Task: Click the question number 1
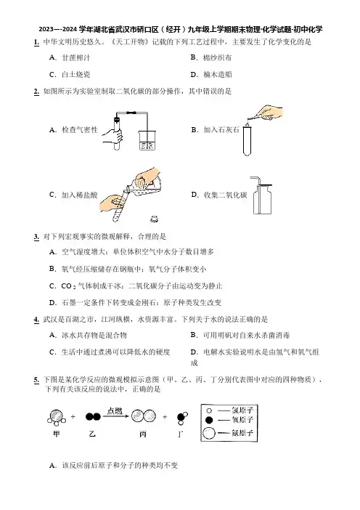pyautogui.click(x=36, y=42)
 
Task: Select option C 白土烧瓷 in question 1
pyautogui.click(x=70, y=75)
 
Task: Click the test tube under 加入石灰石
pyautogui.click(x=247, y=141)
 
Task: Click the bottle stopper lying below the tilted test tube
pyautogui.click(x=155, y=219)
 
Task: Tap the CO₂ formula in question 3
pyautogui.click(x=68, y=286)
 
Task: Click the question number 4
pyautogui.click(x=36, y=320)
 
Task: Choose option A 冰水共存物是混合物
pyautogui.click(x=88, y=335)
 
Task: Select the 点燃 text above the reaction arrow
pyautogui.click(x=115, y=410)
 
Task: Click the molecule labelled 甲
pyautogui.click(x=57, y=417)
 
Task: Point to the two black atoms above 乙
pyautogui.click(x=93, y=417)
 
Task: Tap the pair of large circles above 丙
pyautogui.click(x=143, y=416)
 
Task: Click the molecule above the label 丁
pyautogui.click(x=182, y=418)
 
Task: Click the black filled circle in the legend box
pyautogui.click(x=209, y=420)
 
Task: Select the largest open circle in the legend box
pyautogui.click(x=208, y=433)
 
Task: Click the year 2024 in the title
pyautogui.click(x=70, y=30)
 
